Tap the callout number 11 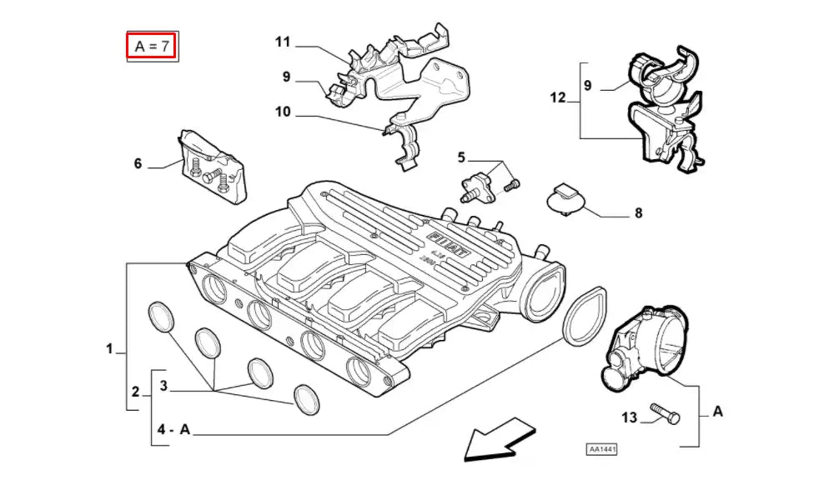click(283, 42)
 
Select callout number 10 click(283, 112)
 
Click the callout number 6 click(138, 164)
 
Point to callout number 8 click(638, 213)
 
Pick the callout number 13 click(629, 417)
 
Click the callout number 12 click(558, 98)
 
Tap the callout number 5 click(460, 157)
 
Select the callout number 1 click(109, 349)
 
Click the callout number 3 click(164, 387)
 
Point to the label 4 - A click(173, 430)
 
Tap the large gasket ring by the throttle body click(585, 315)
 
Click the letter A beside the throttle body click(717, 411)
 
